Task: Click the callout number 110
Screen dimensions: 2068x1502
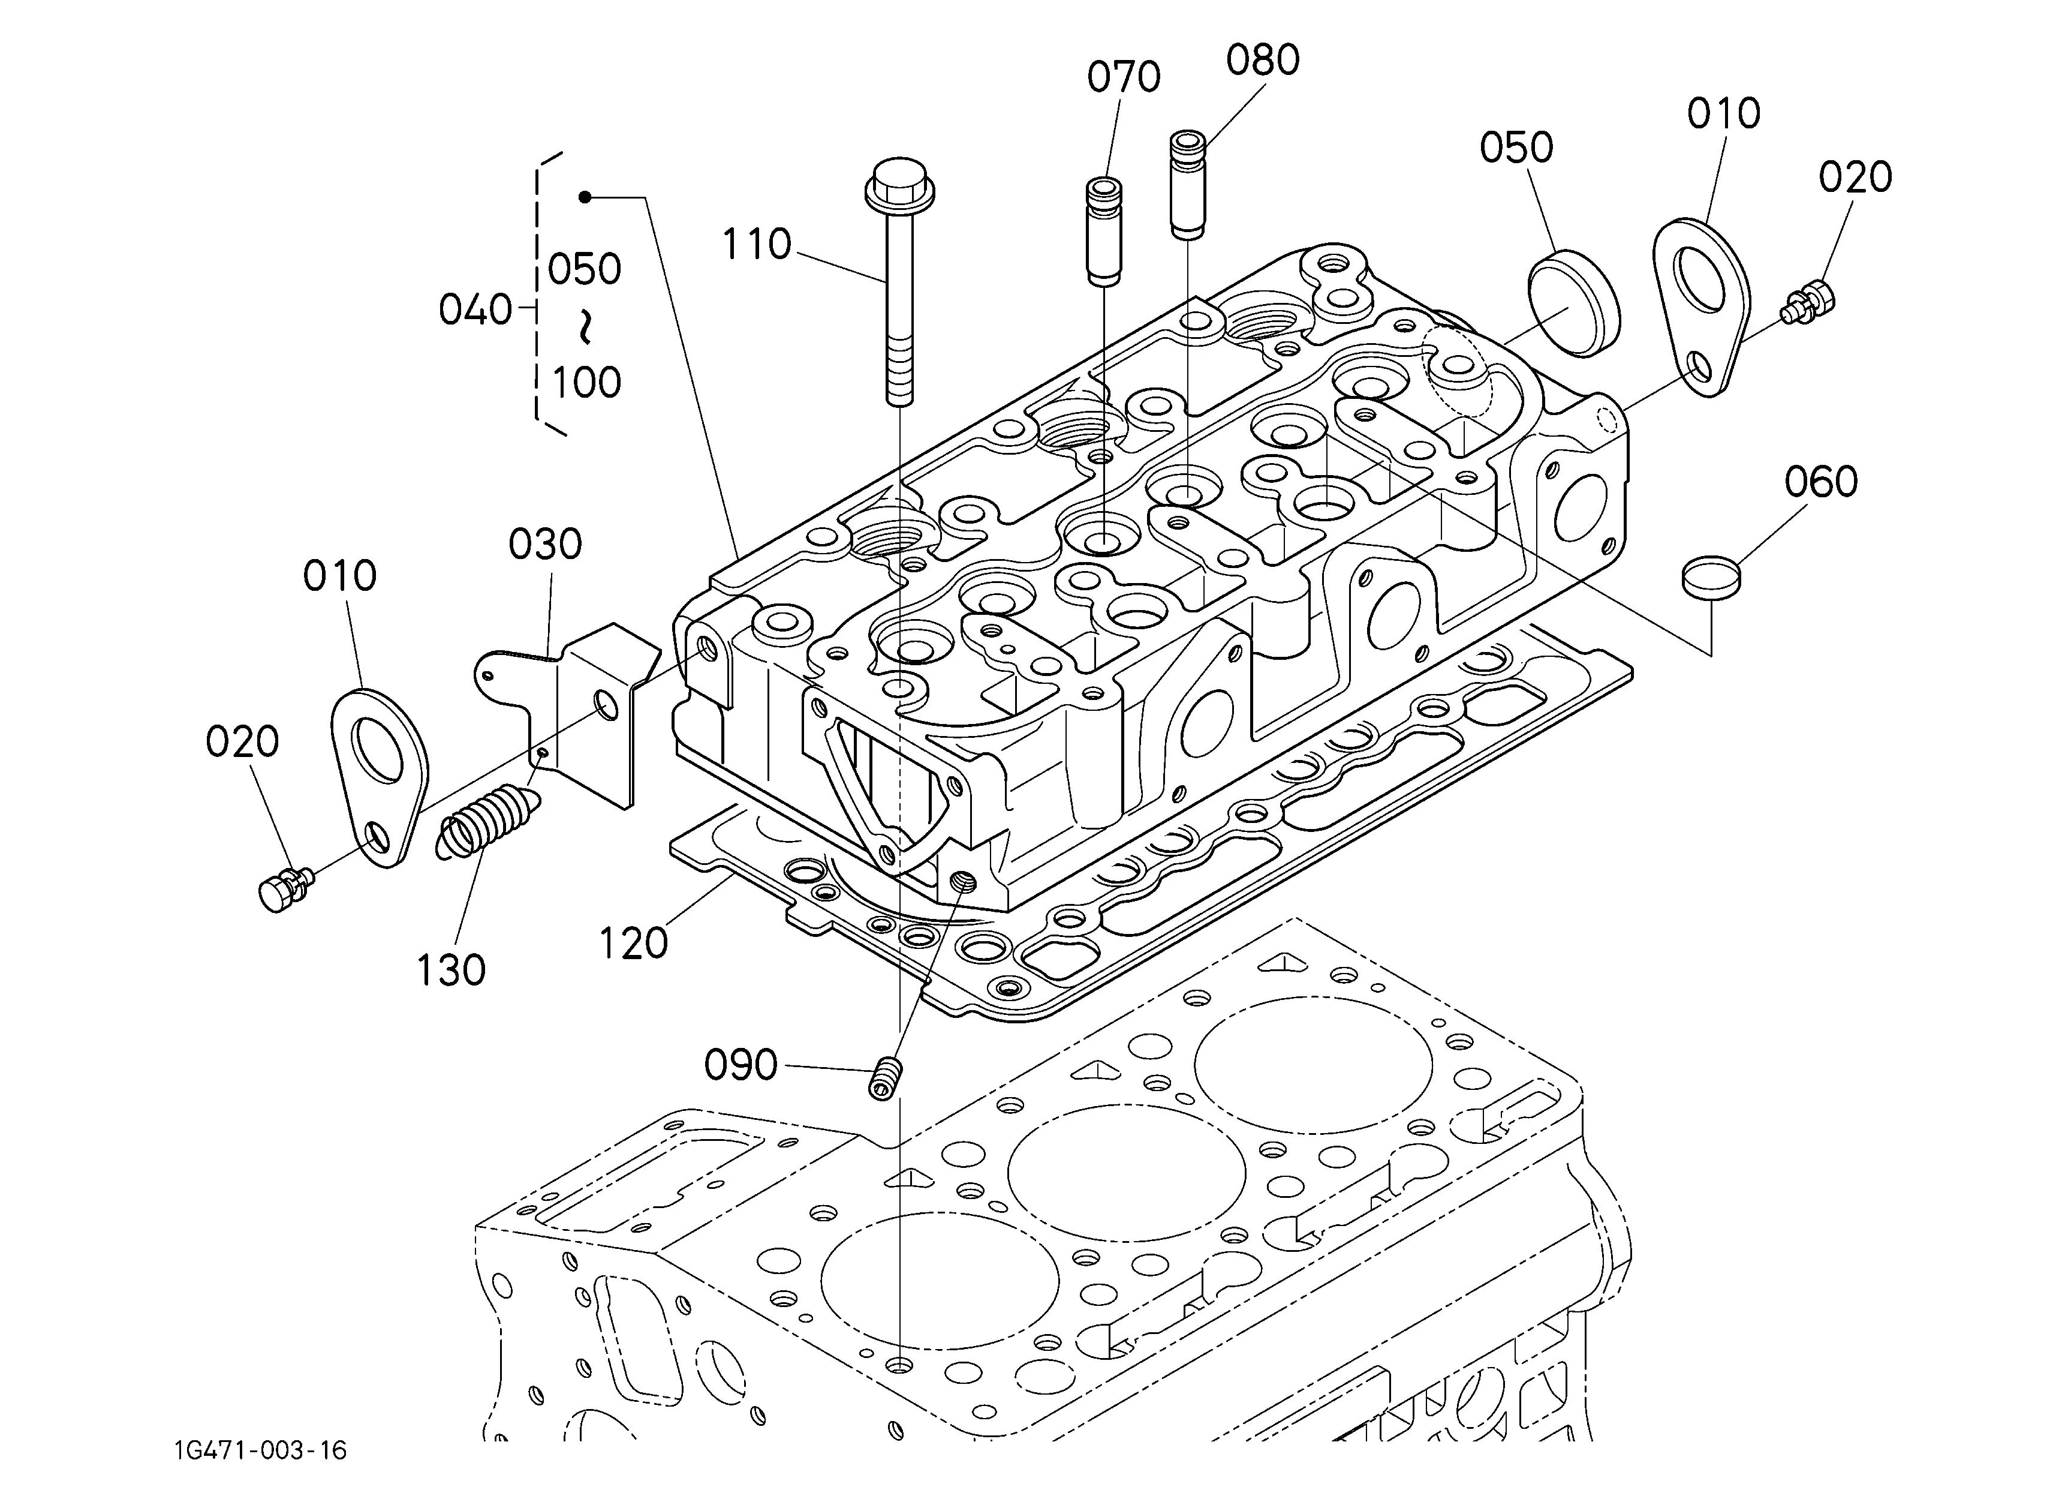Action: click(x=757, y=244)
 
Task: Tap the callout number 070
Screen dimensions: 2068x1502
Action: click(x=1124, y=77)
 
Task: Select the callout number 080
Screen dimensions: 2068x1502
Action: click(x=1263, y=60)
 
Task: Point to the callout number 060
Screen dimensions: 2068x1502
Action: click(x=1821, y=482)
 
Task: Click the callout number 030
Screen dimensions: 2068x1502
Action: click(x=545, y=545)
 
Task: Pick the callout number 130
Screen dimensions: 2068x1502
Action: click(x=450, y=971)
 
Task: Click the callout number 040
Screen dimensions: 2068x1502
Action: click(x=475, y=310)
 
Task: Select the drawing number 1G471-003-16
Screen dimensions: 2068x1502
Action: click(x=261, y=1450)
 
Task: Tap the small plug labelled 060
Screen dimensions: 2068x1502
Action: click(x=1711, y=578)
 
